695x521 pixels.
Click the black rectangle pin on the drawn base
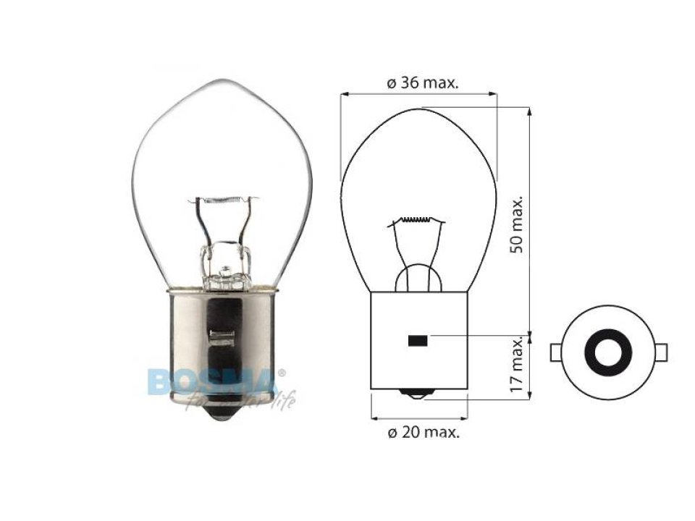[417, 341]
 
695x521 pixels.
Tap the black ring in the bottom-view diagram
[608, 352]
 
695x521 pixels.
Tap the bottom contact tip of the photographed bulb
[222, 416]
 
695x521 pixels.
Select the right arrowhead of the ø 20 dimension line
[462, 418]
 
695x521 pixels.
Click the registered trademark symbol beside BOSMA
[282, 372]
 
